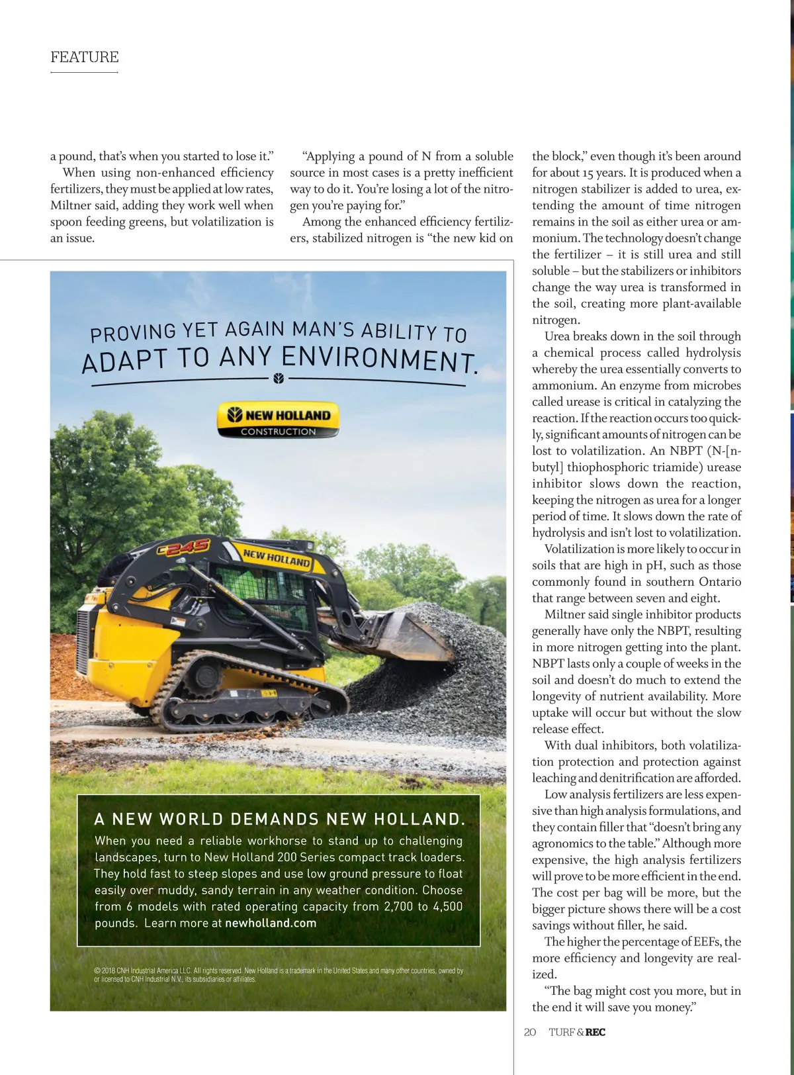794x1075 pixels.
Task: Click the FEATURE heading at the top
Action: click(x=85, y=57)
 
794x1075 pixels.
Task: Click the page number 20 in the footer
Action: click(x=529, y=1032)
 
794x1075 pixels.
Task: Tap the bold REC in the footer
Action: click(x=595, y=1032)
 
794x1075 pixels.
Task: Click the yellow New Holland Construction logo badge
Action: click(x=278, y=420)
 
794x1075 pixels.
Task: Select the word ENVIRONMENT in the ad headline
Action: click(x=378, y=358)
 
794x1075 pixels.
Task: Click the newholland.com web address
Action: click(x=271, y=923)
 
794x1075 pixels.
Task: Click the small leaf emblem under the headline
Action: click(x=278, y=379)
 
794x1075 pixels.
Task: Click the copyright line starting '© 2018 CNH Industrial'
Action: click(x=278, y=974)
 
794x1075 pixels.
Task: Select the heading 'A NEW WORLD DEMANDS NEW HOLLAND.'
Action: click(x=280, y=819)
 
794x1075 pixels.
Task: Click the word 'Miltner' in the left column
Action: click(x=71, y=206)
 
